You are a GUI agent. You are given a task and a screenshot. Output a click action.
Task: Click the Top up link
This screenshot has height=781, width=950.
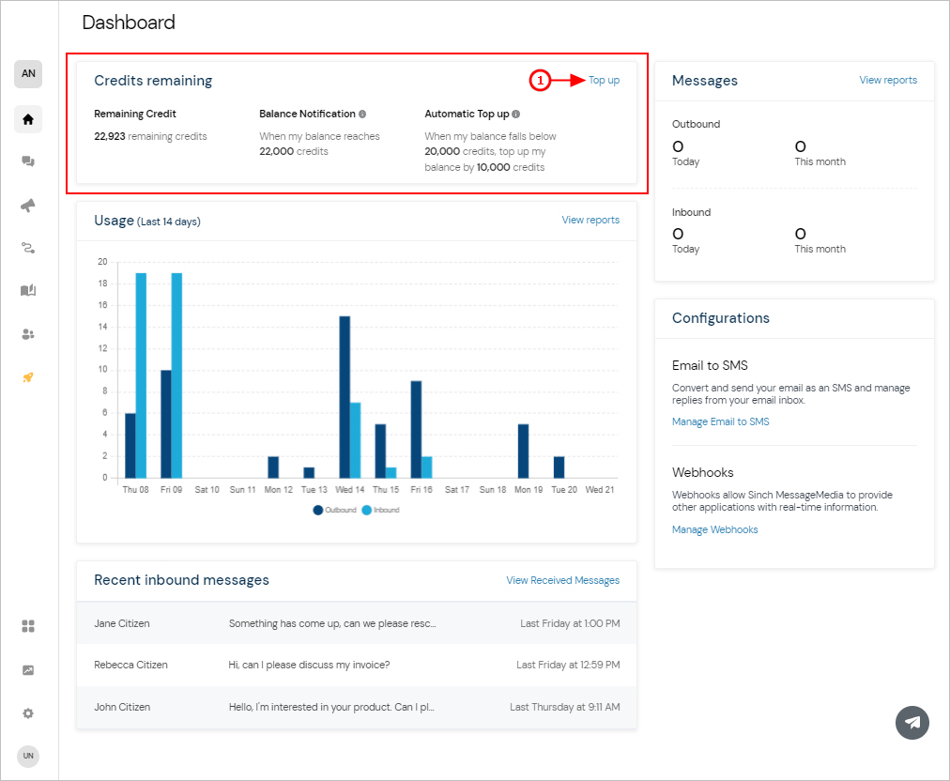pyautogui.click(x=604, y=80)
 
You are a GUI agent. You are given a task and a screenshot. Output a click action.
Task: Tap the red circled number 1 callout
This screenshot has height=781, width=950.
pyautogui.click(x=540, y=80)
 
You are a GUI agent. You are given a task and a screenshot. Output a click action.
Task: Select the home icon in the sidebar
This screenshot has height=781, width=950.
pyautogui.click(x=28, y=119)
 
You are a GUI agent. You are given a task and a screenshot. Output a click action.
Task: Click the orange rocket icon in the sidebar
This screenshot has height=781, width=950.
pyautogui.click(x=28, y=377)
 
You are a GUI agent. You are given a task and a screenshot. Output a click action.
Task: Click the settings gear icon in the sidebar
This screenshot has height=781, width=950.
pyautogui.click(x=28, y=713)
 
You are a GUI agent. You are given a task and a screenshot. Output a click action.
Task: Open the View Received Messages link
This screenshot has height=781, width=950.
pyautogui.click(x=563, y=580)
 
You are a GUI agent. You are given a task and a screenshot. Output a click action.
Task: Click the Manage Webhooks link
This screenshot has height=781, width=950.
pyautogui.click(x=715, y=529)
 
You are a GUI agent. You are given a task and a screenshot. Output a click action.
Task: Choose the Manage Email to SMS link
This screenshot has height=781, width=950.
pyautogui.click(x=720, y=421)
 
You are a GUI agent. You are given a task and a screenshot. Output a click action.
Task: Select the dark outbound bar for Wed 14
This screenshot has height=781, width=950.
pyautogui.click(x=345, y=397)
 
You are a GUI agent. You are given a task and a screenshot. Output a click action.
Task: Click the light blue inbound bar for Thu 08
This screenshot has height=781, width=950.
pyautogui.click(x=141, y=375)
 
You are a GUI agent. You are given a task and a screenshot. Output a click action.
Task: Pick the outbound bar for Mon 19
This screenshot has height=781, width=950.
pyautogui.click(x=524, y=451)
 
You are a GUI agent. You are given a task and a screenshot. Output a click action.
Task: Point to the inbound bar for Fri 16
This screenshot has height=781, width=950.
pyautogui.click(x=427, y=467)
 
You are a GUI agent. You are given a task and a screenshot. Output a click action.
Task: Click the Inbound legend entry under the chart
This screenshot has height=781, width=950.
pyautogui.click(x=380, y=510)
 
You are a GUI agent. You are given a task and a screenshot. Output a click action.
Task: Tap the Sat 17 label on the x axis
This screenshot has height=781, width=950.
pyautogui.click(x=457, y=490)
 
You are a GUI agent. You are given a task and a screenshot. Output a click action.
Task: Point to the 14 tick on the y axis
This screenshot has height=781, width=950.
pyautogui.click(x=103, y=327)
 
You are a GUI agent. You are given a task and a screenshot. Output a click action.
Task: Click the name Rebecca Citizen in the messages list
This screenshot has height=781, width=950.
pyautogui.click(x=130, y=665)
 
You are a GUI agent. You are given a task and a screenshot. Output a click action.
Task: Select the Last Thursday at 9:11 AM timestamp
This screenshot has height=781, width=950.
pyautogui.click(x=565, y=707)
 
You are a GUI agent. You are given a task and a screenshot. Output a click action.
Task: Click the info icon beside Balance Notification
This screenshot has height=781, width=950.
pyautogui.click(x=362, y=114)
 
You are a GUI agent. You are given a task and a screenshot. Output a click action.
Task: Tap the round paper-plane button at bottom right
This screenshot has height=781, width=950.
pyautogui.click(x=912, y=723)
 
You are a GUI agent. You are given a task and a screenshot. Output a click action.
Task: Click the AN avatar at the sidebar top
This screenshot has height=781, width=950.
pyautogui.click(x=28, y=74)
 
